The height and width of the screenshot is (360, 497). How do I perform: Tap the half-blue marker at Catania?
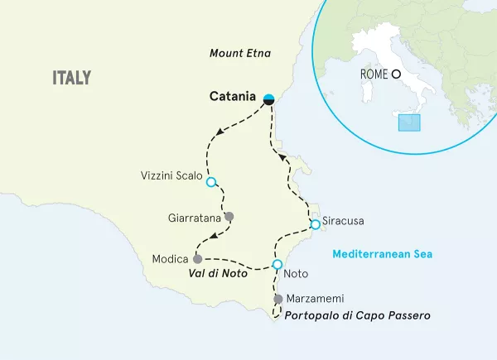tap(268, 98)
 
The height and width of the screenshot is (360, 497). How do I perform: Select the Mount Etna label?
tap(240, 55)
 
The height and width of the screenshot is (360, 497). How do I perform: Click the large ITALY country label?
tap(71, 78)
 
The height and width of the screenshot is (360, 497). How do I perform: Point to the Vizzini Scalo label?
tap(169, 176)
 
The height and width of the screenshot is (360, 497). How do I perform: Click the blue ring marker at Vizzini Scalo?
tap(210, 182)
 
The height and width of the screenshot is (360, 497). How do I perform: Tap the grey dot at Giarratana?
tap(229, 217)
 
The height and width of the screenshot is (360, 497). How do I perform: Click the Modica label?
tap(171, 258)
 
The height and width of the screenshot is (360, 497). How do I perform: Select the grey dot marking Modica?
tap(197, 258)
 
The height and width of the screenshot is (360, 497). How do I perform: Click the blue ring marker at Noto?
tap(277, 265)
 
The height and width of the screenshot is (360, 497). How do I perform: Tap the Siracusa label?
tap(344, 222)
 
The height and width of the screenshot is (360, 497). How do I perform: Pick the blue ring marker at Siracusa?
tap(315, 224)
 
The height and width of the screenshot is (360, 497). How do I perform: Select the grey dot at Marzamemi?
tap(278, 298)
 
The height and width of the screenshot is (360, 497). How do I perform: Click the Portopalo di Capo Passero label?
tap(357, 315)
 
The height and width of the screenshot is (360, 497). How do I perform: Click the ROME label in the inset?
tap(375, 74)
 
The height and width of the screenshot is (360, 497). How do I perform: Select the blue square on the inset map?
tap(409, 122)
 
